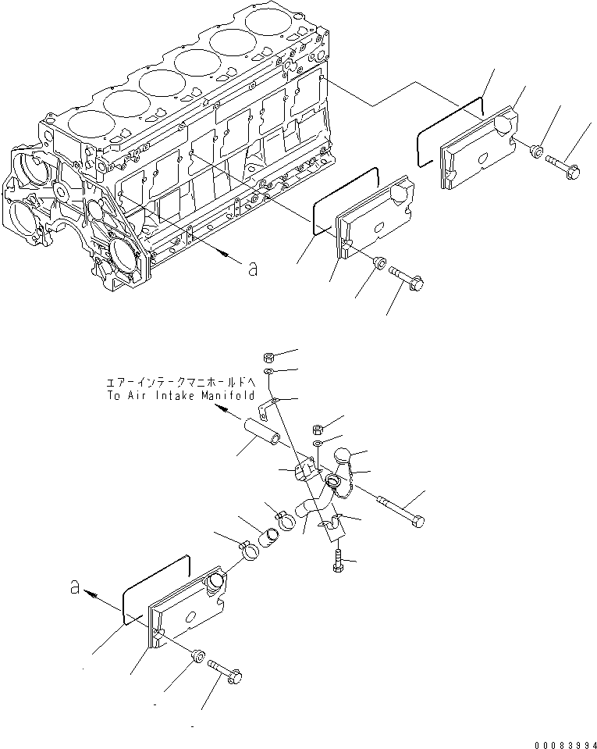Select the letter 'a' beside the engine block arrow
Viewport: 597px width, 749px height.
(252, 269)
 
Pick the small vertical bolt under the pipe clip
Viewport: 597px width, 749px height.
(337, 562)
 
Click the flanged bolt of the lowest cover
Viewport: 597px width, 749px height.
(226, 669)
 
